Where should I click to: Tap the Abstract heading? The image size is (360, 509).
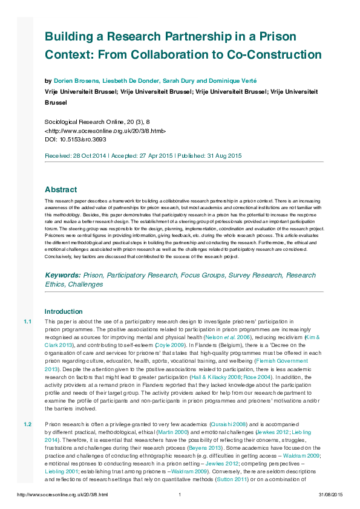point(61,189)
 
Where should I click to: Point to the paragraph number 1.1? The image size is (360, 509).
point(27,321)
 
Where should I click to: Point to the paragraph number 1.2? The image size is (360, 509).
point(27,424)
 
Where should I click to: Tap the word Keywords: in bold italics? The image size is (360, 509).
point(63,275)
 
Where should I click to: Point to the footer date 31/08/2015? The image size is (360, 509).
point(330,495)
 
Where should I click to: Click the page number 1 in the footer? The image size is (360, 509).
point(180,495)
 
